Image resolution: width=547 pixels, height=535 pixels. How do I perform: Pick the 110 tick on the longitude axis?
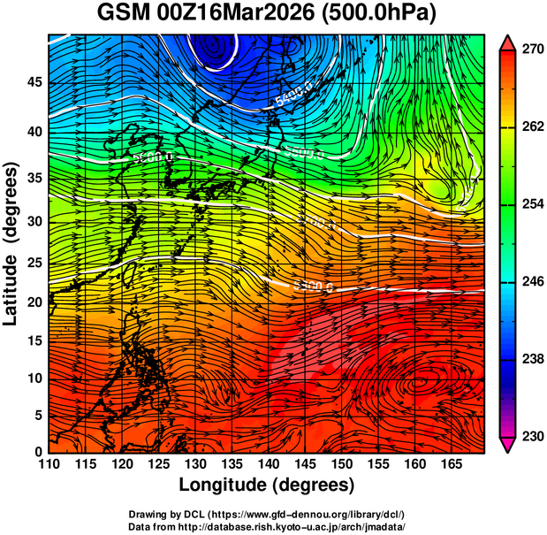pyautogui.click(x=49, y=464)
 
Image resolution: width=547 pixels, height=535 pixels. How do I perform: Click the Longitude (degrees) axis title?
pyautogui.click(x=267, y=485)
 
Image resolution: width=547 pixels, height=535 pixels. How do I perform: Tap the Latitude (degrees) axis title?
pyautogui.click(x=11, y=243)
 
